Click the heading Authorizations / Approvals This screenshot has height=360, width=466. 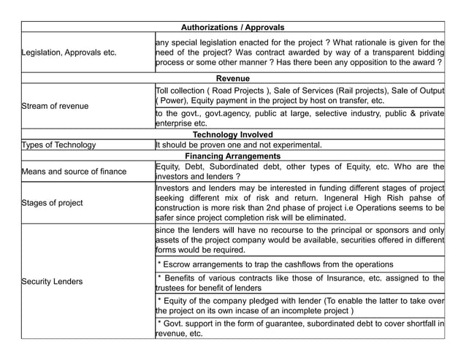point(232,27)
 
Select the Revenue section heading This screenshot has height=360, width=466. point(232,78)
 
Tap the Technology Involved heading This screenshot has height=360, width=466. point(232,134)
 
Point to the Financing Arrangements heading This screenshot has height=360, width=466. point(232,156)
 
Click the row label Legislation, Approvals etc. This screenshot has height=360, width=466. point(69,53)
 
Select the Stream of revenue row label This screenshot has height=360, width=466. point(55,106)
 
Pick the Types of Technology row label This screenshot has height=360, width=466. point(58,145)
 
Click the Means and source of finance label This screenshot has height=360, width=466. point(74,172)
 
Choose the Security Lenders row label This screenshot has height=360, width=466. point(52,281)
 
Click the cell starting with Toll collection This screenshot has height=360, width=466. point(299,95)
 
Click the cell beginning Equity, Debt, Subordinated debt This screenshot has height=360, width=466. point(299,171)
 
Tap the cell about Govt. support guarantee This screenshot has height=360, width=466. point(299,328)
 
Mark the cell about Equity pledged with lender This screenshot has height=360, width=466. point(299,305)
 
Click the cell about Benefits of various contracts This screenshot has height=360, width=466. point(299,283)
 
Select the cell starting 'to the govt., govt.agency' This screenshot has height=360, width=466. point(299,118)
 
